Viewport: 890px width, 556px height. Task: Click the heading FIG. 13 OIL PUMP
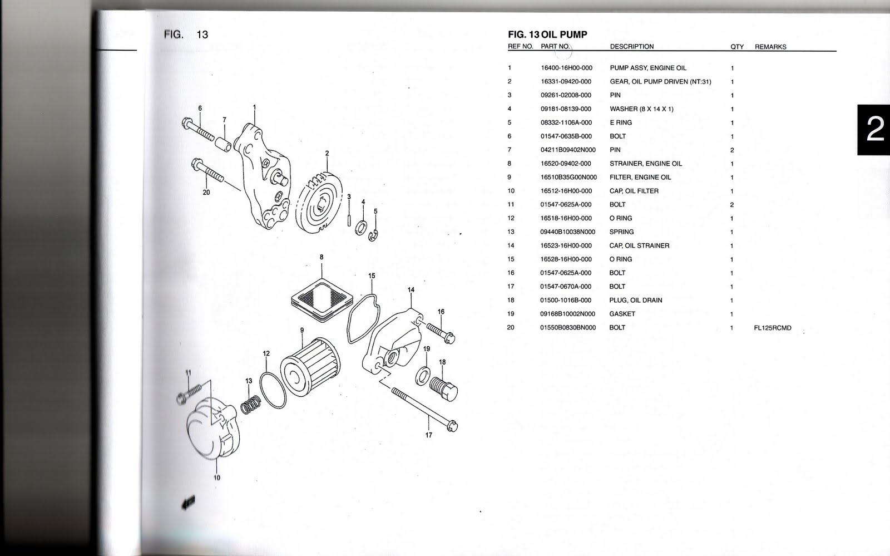(x=547, y=35)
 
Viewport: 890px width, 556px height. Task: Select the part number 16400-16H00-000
(x=566, y=68)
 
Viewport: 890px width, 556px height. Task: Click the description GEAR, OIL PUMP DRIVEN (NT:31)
(x=660, y=82)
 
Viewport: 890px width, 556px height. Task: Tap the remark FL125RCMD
(x=772, y=328)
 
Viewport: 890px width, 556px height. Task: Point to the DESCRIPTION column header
(x=631, y=47)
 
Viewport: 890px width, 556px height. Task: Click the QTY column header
(x=736, y=47)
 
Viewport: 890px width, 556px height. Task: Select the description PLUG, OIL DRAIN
(x=636, y=301)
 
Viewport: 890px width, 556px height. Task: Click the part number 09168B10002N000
(x=567, y=314)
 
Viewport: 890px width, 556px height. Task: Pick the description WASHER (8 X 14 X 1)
(x=641, y=109)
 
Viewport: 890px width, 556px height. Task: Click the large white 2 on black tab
(x=874, y=130)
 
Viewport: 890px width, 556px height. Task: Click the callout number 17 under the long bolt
(x=428, y=435)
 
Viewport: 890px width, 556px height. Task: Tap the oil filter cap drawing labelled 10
(x=209, y=434)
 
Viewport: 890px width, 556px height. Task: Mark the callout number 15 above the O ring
(x=372, y=275)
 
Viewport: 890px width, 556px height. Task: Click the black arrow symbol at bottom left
(x=188, y=504)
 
